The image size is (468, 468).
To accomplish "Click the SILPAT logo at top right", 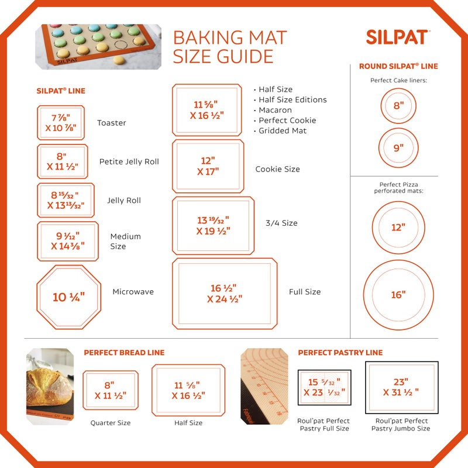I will [x=398, y=37].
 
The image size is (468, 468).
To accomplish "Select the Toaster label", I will [x=112, y=123].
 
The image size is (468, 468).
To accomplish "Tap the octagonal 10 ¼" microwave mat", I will [x=68, y=297].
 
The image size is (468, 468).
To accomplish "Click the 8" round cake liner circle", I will [x=398, y=106].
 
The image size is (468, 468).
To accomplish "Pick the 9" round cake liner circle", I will [x=398, y=148].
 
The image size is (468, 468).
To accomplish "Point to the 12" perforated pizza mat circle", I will [x=398, y=227].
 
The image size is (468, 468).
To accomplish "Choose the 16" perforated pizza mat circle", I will [x=398, y=295].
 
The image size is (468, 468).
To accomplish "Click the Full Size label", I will [x=305, y=292].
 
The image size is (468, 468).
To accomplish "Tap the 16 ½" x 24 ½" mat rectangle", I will [x=225, y=294].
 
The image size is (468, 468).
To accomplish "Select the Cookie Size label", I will [x=277, y=169].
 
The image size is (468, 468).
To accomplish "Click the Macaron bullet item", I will [x=275, y=110].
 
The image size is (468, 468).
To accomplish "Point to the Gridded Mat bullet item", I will [x=283, y=130].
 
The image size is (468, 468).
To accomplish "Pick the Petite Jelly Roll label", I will [x=129, y=162].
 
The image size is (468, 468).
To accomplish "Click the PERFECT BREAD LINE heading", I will [x=124, y=353].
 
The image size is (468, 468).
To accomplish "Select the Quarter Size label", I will [x=110, y=423].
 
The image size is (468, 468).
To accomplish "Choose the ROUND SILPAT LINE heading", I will [x=398, y=66].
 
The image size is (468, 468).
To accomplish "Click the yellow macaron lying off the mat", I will [x=119, y=60].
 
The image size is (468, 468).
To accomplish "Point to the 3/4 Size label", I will [x=281, y=223].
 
